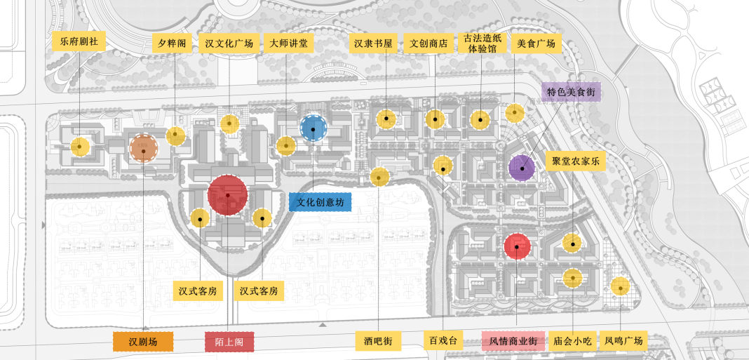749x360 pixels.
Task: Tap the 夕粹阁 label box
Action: pyautogui.click(x=172, y=43)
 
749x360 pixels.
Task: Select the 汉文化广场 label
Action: pyautogui.click(x=229, y=43)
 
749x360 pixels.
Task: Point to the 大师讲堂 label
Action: pyautogui.click(x=288, y=43)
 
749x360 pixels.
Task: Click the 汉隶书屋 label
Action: pyautogui.click(x=372, y=43)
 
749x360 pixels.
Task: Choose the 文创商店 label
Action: pyautogui.click(x=430, y=43)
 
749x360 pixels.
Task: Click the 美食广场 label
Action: pyautogui.click(x=536, y=43)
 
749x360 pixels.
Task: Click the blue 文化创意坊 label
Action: pyautogui.click(x=319, y=202)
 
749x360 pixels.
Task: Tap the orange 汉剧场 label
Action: pyautogui.click(x=143, y=342)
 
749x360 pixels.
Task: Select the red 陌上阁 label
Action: pyautogui.click(x=229, y=342)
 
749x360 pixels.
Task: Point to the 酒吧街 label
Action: pyautogui.click(x=378, y=341)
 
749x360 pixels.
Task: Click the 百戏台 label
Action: pyautogui.click(x=443, y=341)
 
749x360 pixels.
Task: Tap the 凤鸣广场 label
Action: pyautogui.click(x=623, y=341)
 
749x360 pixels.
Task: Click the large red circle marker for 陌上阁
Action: pyautogui.click(x=228, y=194)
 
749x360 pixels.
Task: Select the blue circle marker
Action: pyautogui.click(x=312, y=128)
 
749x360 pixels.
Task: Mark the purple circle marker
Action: pyautogui.click(x=522, y=167)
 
